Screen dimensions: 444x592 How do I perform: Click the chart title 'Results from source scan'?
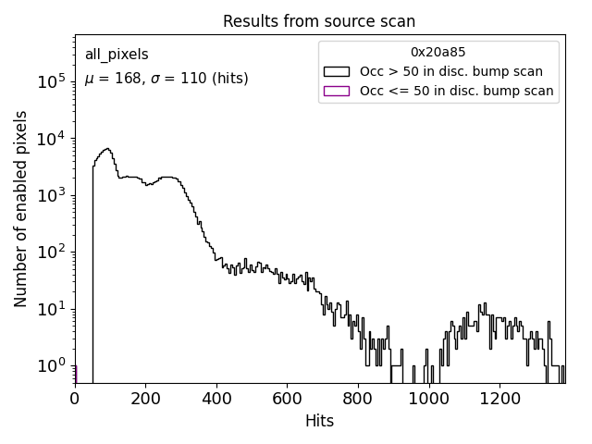[x=320, y=21]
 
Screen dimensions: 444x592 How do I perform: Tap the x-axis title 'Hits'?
[x=320, y=421]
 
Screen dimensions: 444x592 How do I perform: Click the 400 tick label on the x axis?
[x=216, y=397]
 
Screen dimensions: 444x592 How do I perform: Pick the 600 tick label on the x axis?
[x=287, y=397]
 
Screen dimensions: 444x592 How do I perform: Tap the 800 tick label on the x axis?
[x=358, y=397]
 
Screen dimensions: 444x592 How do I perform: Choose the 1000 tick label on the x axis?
[x=428, y=397]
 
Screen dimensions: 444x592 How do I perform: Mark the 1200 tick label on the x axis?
[x=499, y=397]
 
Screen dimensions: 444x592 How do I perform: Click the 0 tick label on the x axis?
[x=75, y=397]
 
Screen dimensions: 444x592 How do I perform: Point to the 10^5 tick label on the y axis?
[x=51, y=81]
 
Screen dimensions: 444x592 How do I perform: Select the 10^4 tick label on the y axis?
[x=51, y=138]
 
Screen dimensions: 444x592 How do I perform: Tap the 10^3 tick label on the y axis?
[x=51, y=195]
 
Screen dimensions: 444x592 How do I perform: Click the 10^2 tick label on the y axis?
[x=51, y=252]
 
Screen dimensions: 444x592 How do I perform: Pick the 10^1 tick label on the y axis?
[x=51, y=308]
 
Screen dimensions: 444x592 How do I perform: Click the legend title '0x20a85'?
[x=438, y=53]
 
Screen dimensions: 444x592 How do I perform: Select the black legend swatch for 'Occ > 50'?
[x=336, y=71]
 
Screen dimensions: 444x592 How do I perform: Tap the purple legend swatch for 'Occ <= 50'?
[x=336, y=91]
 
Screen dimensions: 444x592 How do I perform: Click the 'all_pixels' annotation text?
[x=117, y=55]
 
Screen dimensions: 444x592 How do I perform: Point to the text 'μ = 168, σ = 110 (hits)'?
[x=166, y=79]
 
